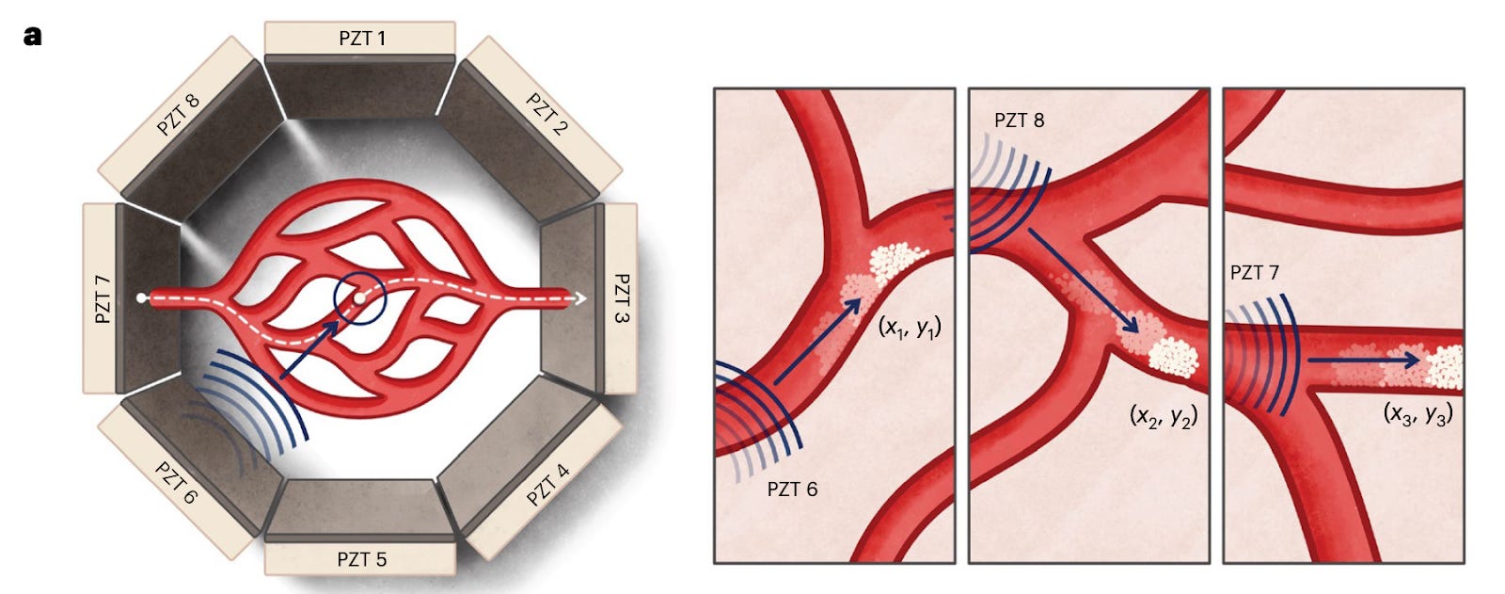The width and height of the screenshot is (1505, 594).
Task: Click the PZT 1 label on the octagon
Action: click(x=361, y=39)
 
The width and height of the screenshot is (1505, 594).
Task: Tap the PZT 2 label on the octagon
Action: click(x=547, y=114)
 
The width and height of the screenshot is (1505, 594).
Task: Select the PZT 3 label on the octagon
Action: click(x=621, y=298)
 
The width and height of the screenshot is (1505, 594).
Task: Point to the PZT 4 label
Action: click(x=547, y=485)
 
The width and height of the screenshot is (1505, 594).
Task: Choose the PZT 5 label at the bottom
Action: click(x=361, y=559)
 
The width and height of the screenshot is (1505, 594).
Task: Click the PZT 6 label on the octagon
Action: click(x=176, y=483)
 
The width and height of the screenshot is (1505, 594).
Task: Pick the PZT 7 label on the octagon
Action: click(x=103, y=298)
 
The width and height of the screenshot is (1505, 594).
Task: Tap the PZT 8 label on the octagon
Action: click(x=178, y=114)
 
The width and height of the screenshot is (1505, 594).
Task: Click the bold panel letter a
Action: click(x=34, y=37)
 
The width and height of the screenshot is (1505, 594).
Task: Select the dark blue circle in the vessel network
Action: click(x=360, y=298)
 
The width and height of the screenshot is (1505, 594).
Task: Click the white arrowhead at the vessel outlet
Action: click(x=580, y=298)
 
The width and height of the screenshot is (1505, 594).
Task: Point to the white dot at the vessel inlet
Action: click(x=140, y=298)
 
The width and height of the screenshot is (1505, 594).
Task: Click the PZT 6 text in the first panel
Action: click(x=792, y=490)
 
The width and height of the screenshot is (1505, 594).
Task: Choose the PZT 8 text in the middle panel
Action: click(x=1019, y=120)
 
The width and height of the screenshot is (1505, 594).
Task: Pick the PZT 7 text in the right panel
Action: click(x=1254, y=273)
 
